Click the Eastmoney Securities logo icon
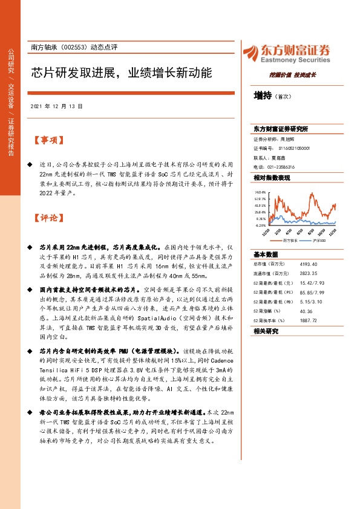click(x=250, y=52)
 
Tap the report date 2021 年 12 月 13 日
click(x=55, y=106)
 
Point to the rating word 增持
click(x=263, y=96)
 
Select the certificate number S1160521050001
click(x=295, y=148)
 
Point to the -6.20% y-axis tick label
click(x=260, y=225)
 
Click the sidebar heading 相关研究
click(x=266, y=331)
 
